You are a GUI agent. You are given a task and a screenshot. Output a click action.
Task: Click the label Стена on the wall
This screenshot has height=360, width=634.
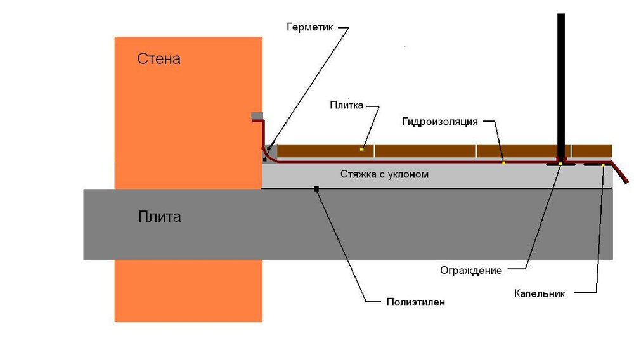(x=158, y=59)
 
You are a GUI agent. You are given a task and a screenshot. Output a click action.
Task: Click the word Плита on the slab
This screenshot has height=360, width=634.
(x=159, y=217)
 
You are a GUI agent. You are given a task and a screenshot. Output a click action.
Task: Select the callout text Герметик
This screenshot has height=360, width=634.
(x=309, y=28)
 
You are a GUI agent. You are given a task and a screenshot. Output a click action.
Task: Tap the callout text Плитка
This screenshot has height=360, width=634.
(x=346, y=105)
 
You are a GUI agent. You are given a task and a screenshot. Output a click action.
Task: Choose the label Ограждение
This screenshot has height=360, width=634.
(x=471, y=271)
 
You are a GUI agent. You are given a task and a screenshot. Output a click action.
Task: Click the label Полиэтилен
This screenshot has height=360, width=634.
(x=415, y=302)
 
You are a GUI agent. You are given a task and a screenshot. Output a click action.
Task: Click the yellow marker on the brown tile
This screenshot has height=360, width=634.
(x=361, y=149)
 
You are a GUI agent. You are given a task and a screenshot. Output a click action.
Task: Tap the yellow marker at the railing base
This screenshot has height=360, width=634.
(x=560, y=164)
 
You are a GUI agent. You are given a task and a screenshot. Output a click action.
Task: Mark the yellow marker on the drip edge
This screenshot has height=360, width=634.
(x=602, y=165)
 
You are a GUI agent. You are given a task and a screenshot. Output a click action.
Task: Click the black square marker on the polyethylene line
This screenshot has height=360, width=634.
(x=316, y=188)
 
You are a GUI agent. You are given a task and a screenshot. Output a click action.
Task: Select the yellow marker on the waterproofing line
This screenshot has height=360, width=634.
(x=504, y=163)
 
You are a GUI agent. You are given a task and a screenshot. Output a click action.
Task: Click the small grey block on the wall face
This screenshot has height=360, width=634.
(x=257, y=115)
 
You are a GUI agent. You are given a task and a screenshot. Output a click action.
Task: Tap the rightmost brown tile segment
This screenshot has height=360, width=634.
(x=591, y=151)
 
